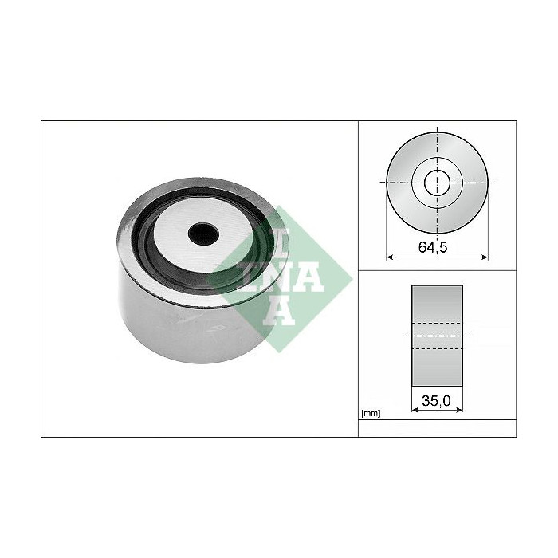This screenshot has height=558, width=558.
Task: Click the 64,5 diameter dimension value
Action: pyautogui.click(x=432, y=247)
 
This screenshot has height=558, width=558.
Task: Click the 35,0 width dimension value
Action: pyautogui.click(x=436, y=401)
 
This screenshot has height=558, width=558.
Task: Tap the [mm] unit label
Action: pyautogui.click(x=371, y=413)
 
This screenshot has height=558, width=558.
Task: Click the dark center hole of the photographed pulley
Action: pyautogui.click(x=203, y=234)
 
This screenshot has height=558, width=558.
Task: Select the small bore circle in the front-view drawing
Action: pyautogui.click(x=438, y=183)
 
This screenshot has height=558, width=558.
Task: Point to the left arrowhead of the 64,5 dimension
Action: pyautogui.click(x=390, y=257)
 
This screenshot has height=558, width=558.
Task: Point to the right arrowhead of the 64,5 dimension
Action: pyautogui.click(x=485, y=257)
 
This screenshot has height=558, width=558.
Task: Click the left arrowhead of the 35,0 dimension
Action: pyautogui.click(x=415, y=410)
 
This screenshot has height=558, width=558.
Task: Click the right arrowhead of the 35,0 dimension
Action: pyautogui.click(x=459, y=410)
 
